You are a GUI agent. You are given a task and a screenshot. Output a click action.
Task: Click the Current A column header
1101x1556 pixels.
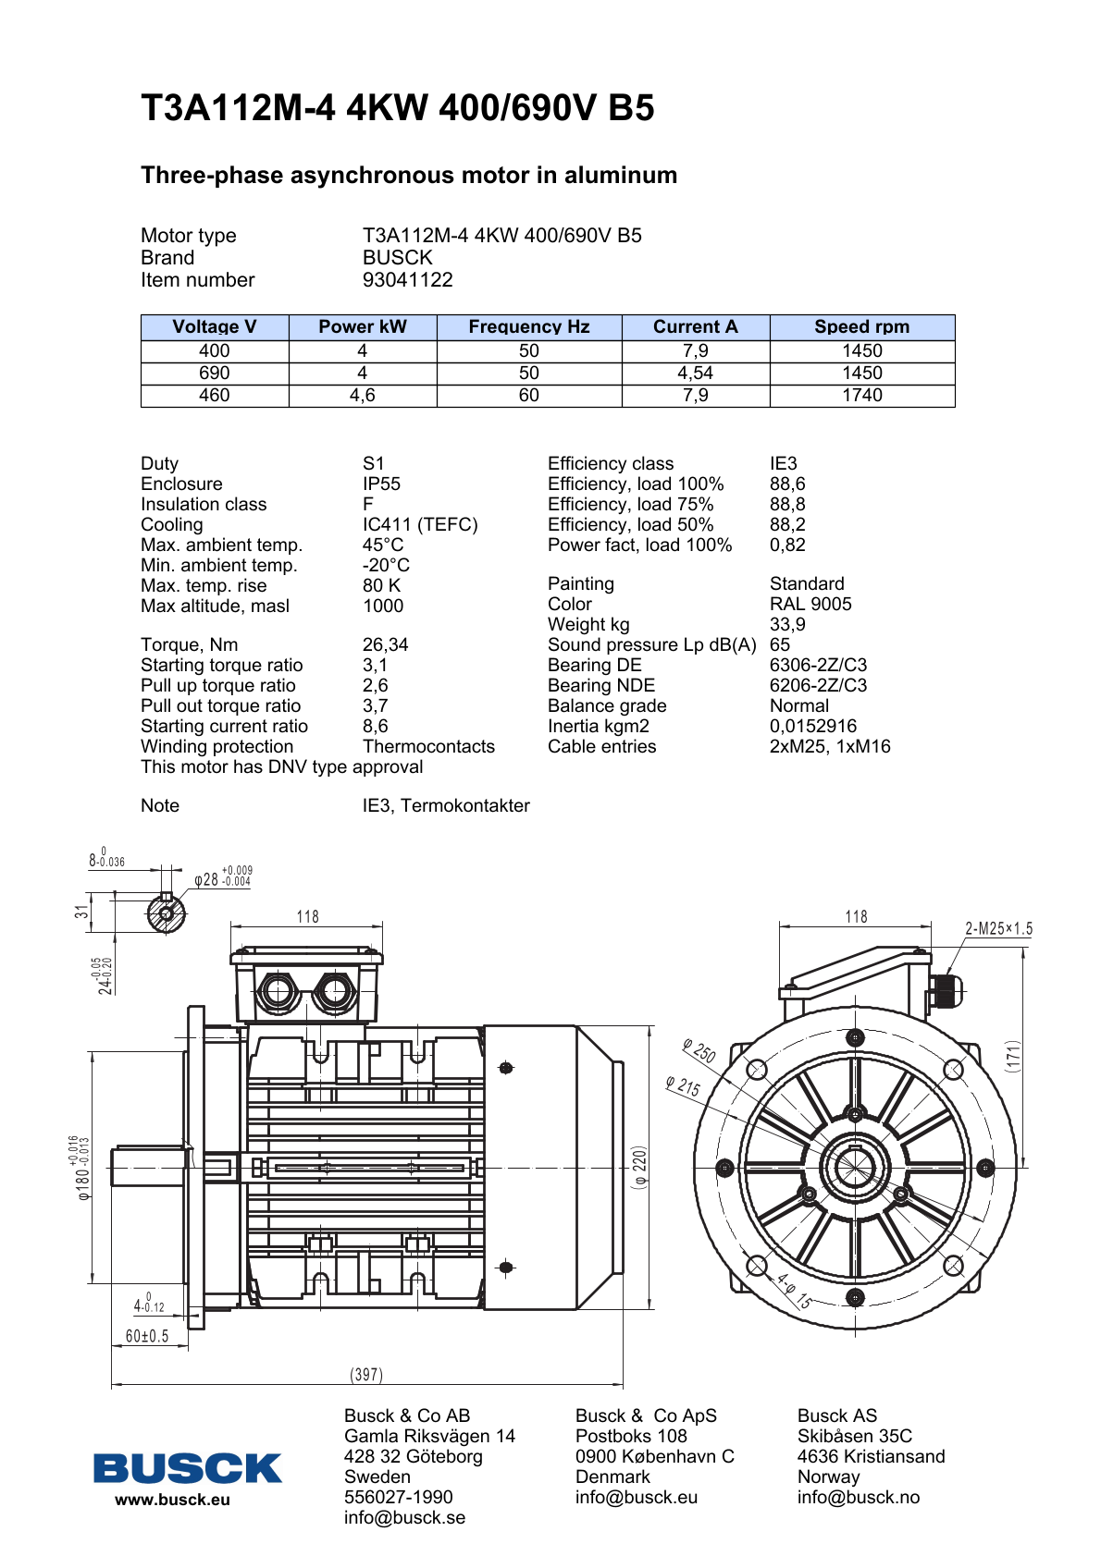695,326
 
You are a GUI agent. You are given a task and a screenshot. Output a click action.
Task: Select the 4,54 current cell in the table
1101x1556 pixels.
695,373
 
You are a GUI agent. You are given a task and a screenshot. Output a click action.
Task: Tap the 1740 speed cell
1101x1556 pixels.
861,395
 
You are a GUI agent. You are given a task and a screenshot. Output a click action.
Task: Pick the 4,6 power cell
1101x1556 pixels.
362,395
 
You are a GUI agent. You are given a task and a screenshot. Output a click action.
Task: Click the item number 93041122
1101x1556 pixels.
407,279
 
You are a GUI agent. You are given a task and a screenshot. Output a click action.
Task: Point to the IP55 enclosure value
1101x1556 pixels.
381,484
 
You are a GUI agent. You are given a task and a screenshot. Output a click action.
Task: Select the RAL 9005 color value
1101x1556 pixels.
810,604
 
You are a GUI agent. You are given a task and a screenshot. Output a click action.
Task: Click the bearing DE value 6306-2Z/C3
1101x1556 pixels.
818,665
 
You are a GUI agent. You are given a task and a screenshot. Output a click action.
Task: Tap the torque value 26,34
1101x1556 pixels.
385,644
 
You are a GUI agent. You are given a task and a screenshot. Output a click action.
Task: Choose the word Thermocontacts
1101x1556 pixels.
428,746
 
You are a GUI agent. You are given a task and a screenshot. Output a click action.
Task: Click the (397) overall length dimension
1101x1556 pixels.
366,1375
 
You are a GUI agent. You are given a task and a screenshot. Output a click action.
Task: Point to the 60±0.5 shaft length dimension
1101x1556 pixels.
147,1336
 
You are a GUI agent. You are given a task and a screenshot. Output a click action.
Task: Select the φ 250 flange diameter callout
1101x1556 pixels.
699,1051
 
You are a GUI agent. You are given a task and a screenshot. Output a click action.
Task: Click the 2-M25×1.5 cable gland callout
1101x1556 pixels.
998,928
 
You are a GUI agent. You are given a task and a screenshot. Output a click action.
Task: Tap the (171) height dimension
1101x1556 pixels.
1014,1056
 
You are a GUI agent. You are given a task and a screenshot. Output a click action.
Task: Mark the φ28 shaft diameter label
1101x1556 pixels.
206,879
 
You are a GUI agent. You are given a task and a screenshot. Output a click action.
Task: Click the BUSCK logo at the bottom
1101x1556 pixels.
187,1467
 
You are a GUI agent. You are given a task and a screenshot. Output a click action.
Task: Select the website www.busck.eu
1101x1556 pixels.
172,1500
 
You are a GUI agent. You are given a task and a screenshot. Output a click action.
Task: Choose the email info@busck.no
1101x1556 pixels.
858,1497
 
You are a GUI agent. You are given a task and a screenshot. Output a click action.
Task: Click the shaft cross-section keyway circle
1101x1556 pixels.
166,914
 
